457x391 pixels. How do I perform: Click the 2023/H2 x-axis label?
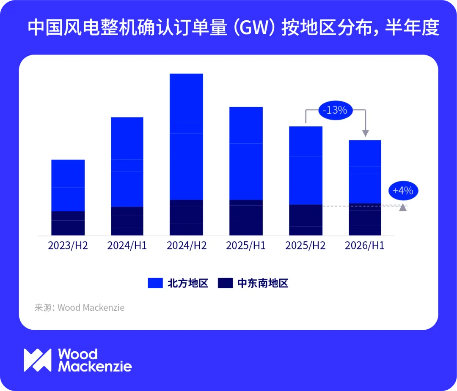68,246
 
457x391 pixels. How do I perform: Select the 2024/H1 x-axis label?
127,246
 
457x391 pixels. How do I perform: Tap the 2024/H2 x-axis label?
187,246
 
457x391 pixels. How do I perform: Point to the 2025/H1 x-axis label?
246,246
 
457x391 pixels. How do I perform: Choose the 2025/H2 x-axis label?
305,246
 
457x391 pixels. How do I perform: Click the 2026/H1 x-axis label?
365,246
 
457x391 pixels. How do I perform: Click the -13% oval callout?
335,110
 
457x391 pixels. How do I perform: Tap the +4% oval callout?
403,191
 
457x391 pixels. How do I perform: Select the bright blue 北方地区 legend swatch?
155,283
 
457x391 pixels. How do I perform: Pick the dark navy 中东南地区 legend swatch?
225,283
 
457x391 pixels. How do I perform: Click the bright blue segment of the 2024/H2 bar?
186,137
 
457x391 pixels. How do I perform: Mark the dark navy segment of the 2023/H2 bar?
68,223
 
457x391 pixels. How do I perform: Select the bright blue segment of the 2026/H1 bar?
365,172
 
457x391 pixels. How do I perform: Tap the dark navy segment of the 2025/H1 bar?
246,218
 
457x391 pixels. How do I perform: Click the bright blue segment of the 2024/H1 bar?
127,162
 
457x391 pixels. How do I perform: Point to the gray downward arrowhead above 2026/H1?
366,134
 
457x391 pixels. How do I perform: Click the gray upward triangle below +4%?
403,207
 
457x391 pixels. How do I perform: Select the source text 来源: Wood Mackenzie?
80,307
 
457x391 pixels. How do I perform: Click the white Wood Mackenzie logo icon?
38,360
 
